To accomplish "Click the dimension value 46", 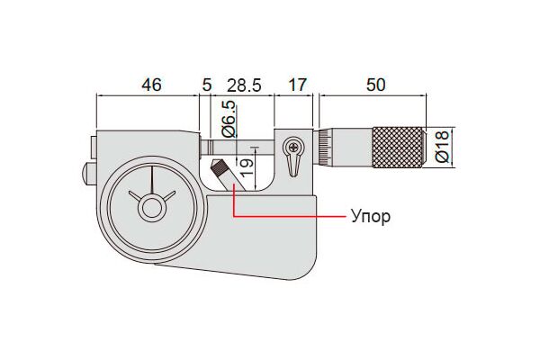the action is [151, 85].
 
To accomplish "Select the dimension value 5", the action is [207, 85].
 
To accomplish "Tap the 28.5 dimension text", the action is [244, 85].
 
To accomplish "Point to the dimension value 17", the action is [296, 85].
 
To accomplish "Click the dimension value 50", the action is [375, 85].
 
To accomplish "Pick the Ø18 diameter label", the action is [443, 146].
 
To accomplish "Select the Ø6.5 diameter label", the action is [229, 119].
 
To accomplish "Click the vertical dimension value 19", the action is [247, 167].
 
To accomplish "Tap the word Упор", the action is [371, 217].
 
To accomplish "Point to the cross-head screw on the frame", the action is [293, 148].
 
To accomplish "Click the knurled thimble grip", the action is [398, 148].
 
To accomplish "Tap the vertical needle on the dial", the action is [151, 180].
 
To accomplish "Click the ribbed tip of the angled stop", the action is [217, 167].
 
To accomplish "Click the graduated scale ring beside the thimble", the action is [324, 148].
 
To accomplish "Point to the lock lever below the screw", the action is [293, 166].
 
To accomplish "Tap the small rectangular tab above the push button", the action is [94, 148].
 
